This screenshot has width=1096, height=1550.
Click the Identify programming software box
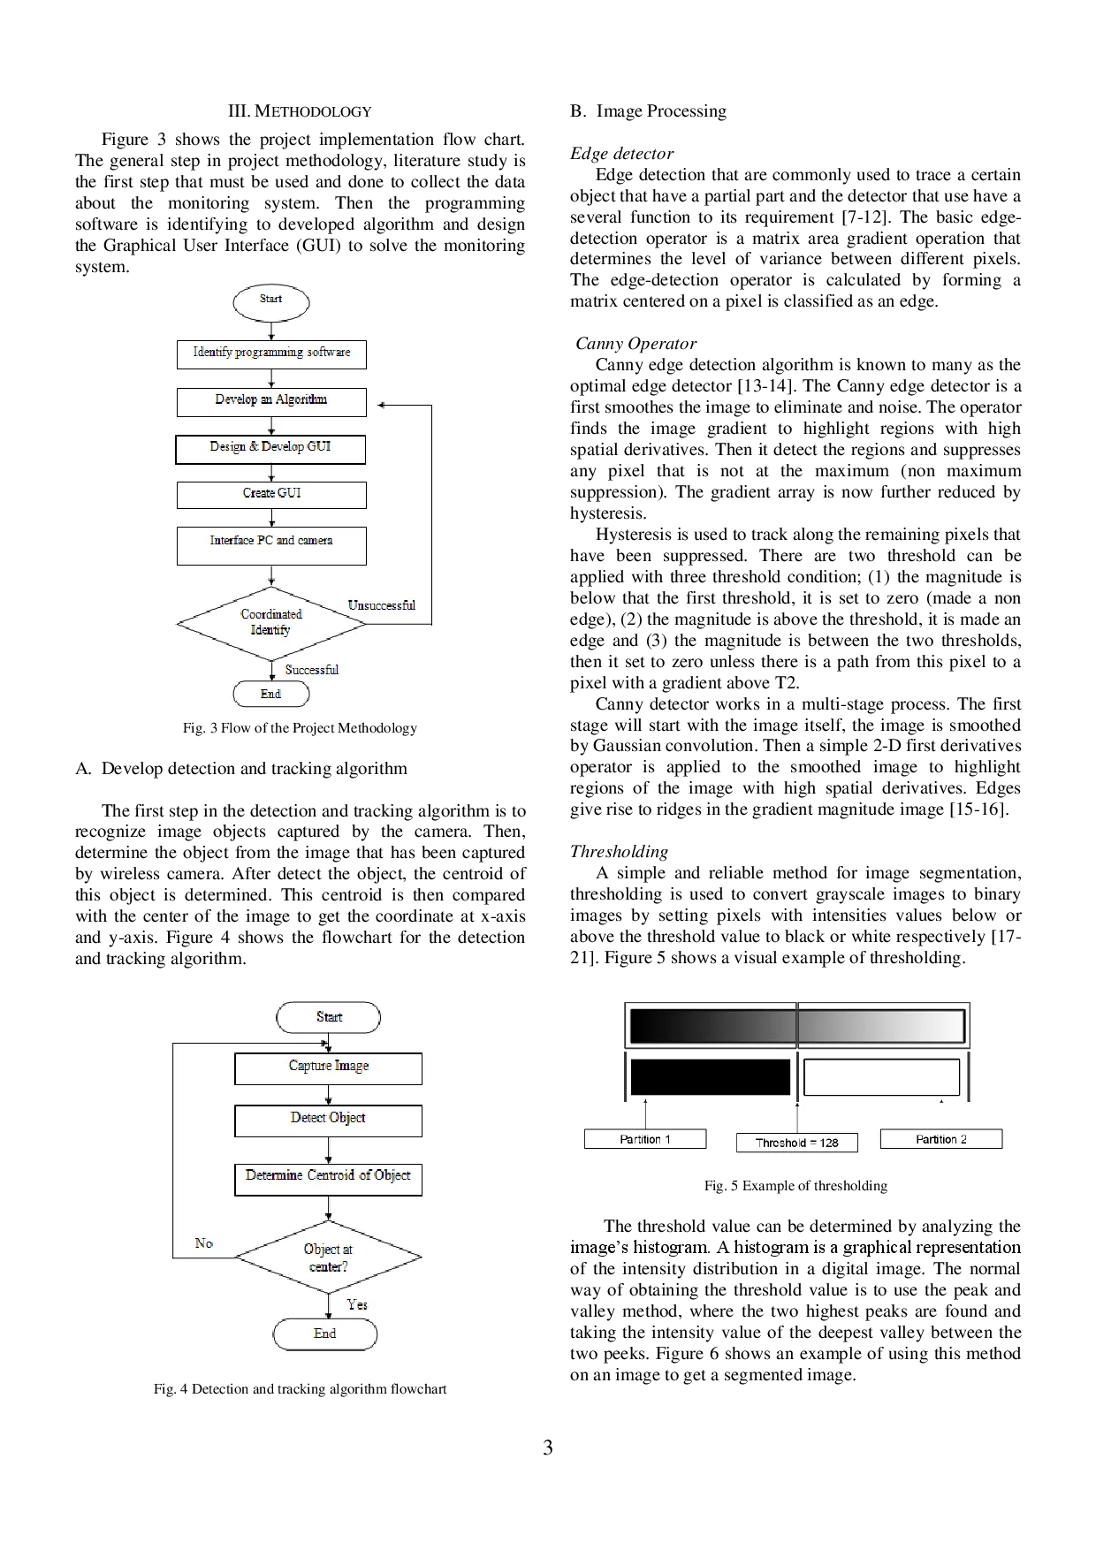(271, 353)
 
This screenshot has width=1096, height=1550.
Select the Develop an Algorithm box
(271, 401)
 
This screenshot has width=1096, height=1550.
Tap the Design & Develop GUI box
(270, 449)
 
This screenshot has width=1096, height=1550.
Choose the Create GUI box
(271, 494)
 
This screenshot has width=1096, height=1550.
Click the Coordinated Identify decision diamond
(271, 623)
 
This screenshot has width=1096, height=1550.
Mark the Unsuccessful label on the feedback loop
(381, 605)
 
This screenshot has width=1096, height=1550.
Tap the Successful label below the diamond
(311, 670)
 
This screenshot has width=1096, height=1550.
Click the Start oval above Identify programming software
(271, 301)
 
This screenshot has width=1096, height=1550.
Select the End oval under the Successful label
(271, 695)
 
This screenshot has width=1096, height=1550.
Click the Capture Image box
(328, 1068)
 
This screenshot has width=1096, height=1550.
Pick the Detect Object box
(328, 1120)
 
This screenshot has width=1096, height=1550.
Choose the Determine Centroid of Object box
(328, 1179)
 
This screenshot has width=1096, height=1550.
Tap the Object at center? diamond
(328, 1257)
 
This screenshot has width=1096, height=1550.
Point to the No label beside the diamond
(204, 1243)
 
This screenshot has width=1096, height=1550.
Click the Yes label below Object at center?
(357, 1304)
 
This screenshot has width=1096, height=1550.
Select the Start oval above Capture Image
(329, 1017)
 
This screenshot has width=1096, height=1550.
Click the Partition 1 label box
(645, 1139)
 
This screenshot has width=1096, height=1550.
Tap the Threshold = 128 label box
(796, 1143)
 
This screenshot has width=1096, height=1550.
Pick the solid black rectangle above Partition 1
(710, 1077)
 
